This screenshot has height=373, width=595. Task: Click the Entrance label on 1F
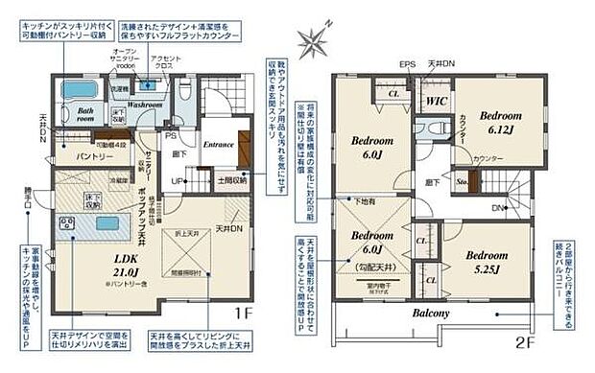(220, 144)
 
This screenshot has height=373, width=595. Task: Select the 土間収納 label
(232, 179)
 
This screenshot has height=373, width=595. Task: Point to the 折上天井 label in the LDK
(186, 235)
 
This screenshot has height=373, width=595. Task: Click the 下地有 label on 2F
(367, 202)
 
